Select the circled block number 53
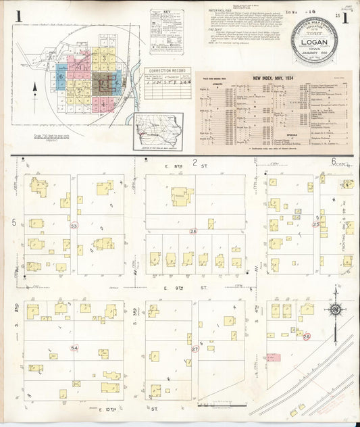point(74,226)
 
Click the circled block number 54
point(74,347)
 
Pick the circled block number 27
point(195,349)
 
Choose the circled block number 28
point(306,336)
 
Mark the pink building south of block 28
point(274,356)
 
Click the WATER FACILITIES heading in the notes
point(214,9)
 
